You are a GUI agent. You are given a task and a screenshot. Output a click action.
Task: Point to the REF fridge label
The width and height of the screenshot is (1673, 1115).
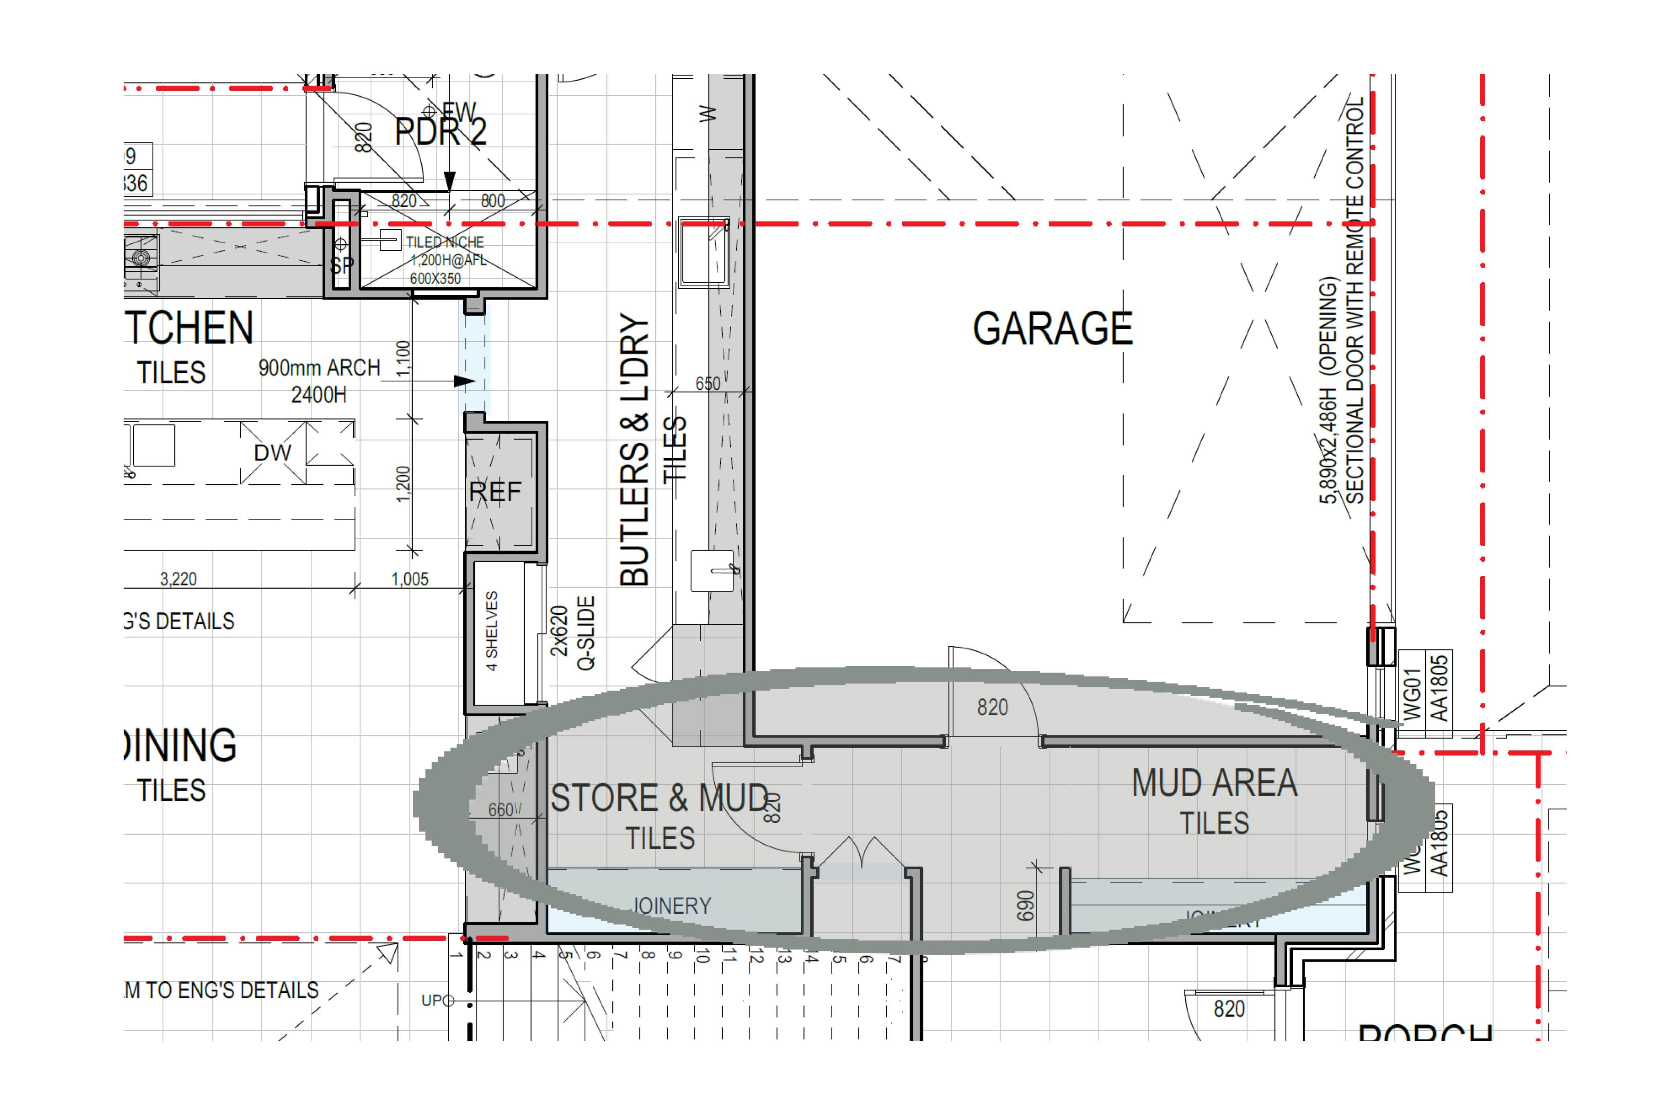pos(495,491)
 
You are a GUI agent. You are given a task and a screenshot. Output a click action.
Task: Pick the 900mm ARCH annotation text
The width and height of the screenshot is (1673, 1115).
pos(319,368)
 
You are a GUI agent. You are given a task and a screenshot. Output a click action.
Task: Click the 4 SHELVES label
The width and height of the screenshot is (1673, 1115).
pos(491,631)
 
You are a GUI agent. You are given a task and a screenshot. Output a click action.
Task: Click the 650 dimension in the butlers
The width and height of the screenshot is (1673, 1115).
pos(707,384)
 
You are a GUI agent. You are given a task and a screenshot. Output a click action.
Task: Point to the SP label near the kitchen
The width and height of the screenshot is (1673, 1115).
pos(341,266)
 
